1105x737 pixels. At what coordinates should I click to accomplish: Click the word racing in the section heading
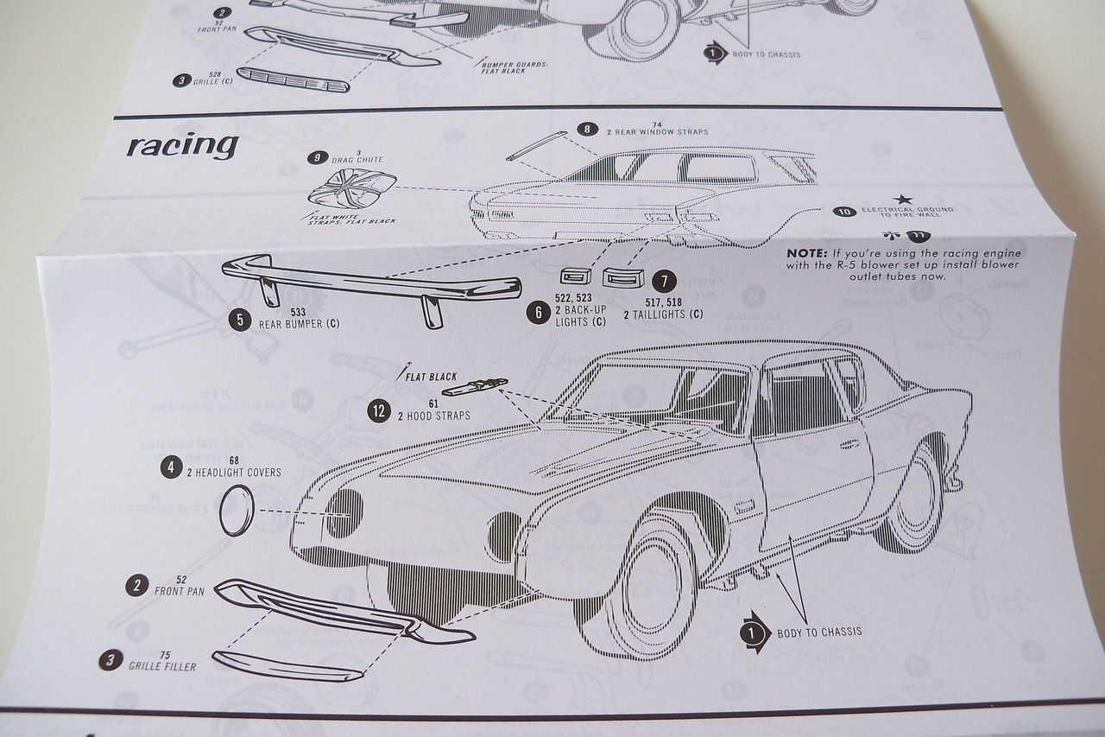pos(182,145)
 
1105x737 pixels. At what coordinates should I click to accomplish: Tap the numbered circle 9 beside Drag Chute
pos(319,157)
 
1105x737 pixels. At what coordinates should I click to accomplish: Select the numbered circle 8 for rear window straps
pos(588,130)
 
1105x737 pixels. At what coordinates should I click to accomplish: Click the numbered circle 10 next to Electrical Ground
pos(843,210)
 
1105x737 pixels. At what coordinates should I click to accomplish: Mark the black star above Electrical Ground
pos(903,199)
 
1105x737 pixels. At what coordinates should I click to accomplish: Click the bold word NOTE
pos(807,253)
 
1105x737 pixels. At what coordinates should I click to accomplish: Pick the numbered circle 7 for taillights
pos(664,281)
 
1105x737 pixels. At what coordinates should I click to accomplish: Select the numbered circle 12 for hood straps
pos(378,410)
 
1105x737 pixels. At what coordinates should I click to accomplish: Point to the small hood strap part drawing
pos(474,387)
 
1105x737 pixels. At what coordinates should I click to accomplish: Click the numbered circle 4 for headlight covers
pos(171,468)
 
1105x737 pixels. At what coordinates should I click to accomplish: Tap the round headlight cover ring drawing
pos(236,511)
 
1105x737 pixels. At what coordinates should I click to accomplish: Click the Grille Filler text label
pos(162,666)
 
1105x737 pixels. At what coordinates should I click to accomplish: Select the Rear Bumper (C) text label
pos(299,324)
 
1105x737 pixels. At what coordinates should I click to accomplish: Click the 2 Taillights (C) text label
pos(663,315)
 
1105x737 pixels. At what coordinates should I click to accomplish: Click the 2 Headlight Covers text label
pos(233,473)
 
